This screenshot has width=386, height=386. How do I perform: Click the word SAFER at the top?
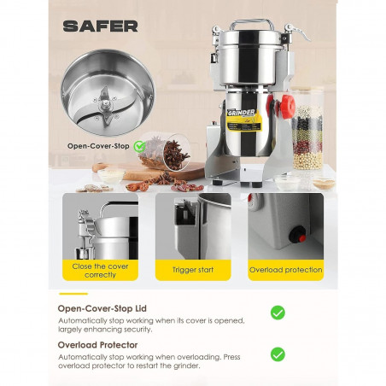click(x=100, y=26)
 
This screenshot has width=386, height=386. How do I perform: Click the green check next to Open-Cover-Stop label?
click(x=139, y=146)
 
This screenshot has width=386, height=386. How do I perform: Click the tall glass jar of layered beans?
click(x=307, y=128)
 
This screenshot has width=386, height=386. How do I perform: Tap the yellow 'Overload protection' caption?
click(x=285, y=270)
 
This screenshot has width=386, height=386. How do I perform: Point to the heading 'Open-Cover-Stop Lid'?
click(x=98, y=308)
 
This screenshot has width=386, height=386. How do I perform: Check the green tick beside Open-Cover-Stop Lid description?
click(x=278, y=313)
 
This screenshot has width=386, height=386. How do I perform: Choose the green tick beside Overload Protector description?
click(x=278, y=354)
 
